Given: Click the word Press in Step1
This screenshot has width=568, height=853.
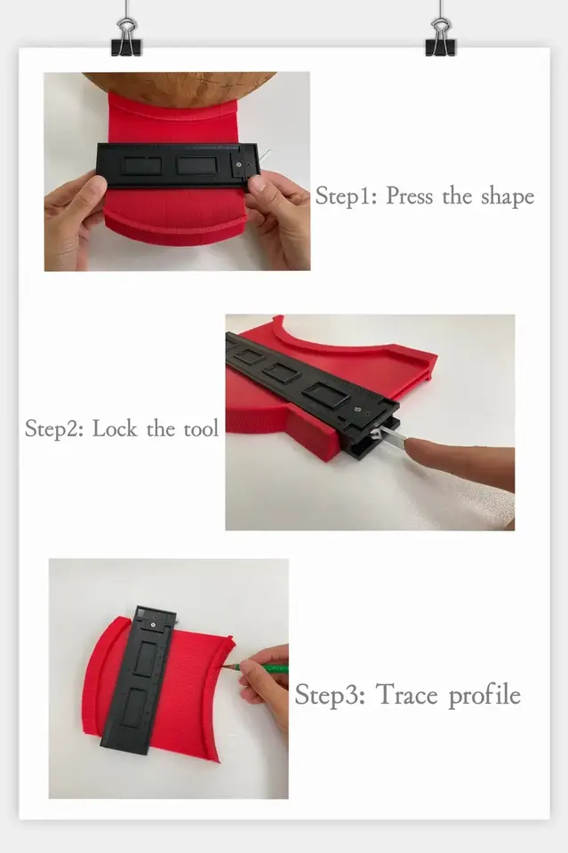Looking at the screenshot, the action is [x=409, y=195].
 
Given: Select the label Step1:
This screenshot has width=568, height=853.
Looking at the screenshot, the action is [x=346, y=195].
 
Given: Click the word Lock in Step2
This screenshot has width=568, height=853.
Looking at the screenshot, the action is [x=115, y=428].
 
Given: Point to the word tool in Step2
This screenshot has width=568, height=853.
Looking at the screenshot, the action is [x=201, y=428].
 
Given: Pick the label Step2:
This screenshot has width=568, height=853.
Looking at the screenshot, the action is [x=54, y=428].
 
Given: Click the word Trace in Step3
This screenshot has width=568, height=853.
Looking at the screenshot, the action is [x=406, y=695].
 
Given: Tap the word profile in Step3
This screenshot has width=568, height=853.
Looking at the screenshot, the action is [x=484, y=696].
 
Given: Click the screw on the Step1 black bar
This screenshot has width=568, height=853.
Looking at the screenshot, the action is [x=239, y=163].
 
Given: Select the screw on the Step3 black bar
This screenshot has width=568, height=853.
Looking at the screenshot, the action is [x=155, y=625].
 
